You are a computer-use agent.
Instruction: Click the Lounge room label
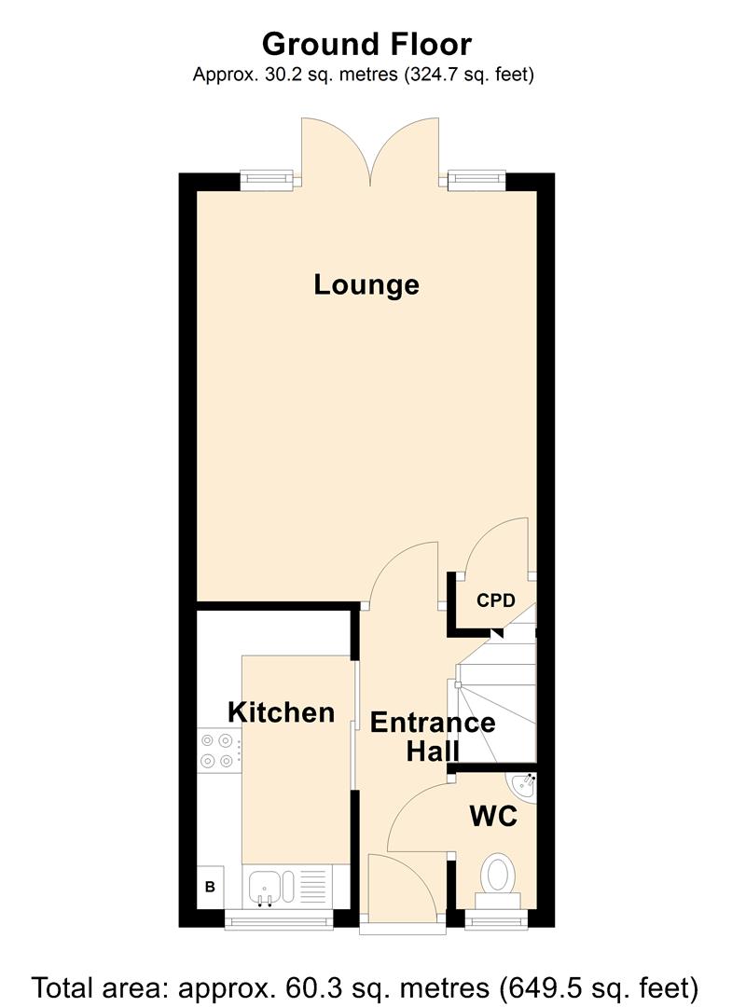coord(366,284)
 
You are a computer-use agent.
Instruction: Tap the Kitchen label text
coord(282,712)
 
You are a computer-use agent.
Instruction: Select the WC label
coord(493,816)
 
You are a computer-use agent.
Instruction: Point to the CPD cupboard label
coord(496,600)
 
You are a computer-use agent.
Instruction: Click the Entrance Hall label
coord(433,737)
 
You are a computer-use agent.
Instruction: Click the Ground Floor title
coord(366,45)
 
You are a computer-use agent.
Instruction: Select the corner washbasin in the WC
coord(524,786)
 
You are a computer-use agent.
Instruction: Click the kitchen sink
coord(265,888)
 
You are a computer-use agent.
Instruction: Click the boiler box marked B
coord(210,887)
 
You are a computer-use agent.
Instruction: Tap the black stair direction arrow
coord(496,632)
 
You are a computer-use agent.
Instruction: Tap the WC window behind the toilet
coord(497,919)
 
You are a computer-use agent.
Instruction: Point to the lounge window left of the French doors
coord(267,181)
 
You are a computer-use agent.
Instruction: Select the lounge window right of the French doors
coord(476,181)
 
